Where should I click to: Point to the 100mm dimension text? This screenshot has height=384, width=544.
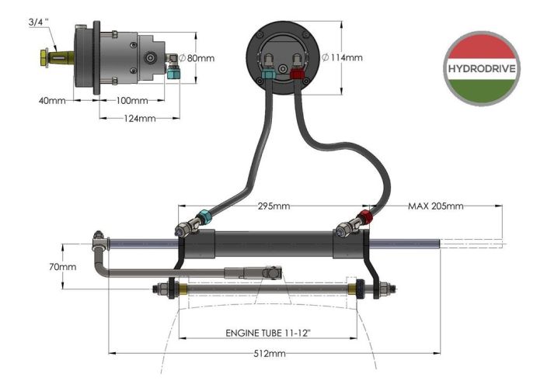pos(132,101)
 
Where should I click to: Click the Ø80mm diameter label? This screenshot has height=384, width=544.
pos(196,57)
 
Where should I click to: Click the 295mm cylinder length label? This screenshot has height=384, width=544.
pos(273,206)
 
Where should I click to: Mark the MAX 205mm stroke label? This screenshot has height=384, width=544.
pos(436,206)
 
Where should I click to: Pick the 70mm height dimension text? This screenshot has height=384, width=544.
pos(63,266)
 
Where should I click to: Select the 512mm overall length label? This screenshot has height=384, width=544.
pos(269,354)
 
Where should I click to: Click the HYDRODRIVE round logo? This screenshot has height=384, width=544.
pos(482,68)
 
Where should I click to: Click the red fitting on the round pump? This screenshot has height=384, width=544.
pos(296,74)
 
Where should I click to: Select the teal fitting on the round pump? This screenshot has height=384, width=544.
pos(267,74)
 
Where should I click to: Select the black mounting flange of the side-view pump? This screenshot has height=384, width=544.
pos(96,57)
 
